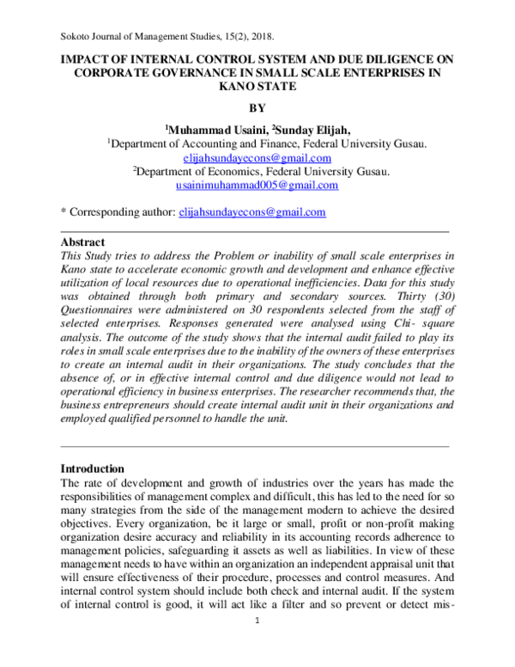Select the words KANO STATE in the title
click(x=257, y=88)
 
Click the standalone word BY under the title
click(x=257, y=108)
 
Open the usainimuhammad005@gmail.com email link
click(x=257, y=185)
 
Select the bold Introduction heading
click(x=93, y=468)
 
